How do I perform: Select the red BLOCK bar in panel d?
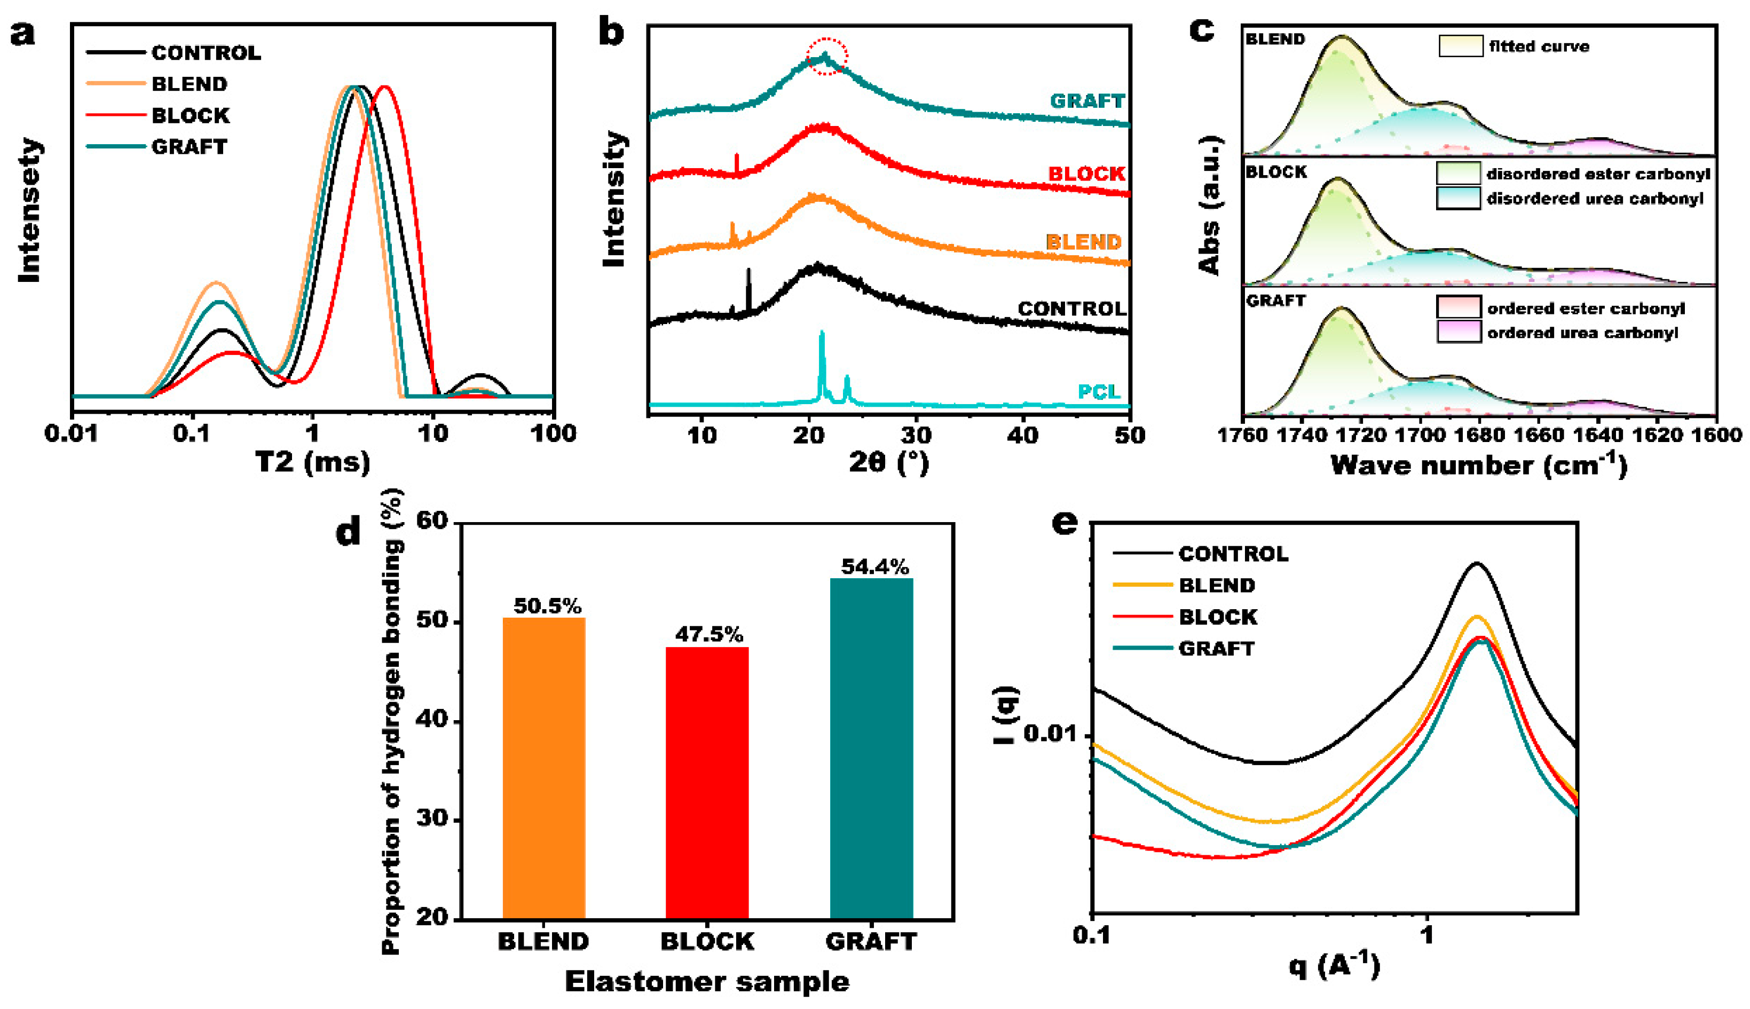coord(707,783)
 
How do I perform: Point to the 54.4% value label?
coord(875,567)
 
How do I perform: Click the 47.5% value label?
coord(709,634)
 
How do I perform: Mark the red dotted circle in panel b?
coord(826,56)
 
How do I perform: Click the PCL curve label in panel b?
coord(1099,391)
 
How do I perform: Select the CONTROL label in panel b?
coord(1072,309)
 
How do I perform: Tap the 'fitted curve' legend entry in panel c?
coord(1538,46)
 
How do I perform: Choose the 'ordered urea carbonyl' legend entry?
coord(1582,333)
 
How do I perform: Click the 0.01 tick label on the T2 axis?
coord(72,434)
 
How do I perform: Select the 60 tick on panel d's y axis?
coord(433,521)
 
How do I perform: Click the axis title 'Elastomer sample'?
coord(707,982)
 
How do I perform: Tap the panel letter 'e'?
coord(1065,523)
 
